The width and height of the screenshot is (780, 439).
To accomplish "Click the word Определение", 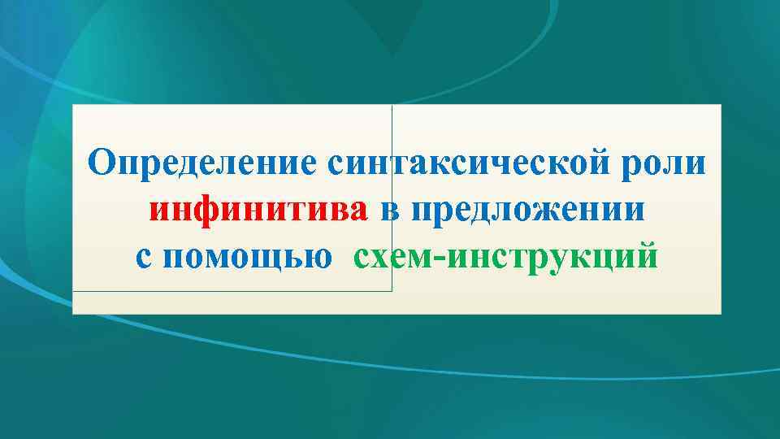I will click(202, 163).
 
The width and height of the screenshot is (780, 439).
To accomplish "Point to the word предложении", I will click(528, 211).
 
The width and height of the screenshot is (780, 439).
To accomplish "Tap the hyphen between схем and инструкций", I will click(438, 259).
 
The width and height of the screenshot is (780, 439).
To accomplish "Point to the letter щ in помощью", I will click(282, 259).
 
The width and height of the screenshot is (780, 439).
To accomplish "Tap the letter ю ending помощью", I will click(319, 258).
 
